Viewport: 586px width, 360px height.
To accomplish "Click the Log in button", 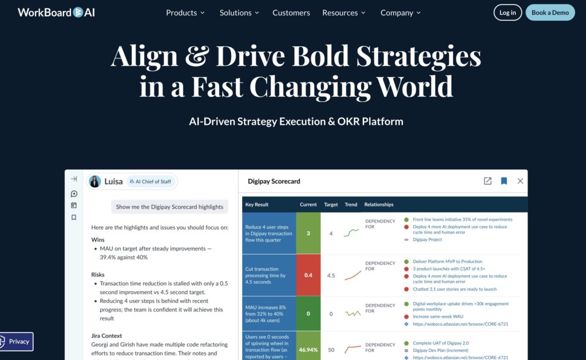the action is pyautogui.click(x=507, y=13).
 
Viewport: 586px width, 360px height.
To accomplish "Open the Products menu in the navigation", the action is pyautogui.click(x=185, y=13).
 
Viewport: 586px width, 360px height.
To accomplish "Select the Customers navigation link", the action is pyautogui.click(x=291, y=13).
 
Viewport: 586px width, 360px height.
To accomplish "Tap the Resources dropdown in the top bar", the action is pyautogui.click(x=344, y=13).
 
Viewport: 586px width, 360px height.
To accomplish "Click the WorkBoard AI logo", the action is pyautogui.click(x=56, y=13).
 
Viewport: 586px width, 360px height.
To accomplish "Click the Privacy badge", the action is pyautogui.click(x=17, y=341).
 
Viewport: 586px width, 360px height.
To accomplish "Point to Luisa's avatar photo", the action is pyautogui.click(x=95, y=181).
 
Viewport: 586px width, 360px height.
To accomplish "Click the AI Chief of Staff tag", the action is pyautogui.click(x=151, y=181).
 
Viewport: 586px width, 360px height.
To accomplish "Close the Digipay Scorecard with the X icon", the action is pyautogui.click(x=520, y=181).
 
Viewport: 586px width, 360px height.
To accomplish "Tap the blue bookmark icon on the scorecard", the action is pyautogui.click(x=504, y=181).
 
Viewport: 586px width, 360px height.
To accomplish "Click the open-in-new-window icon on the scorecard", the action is pyautogui.click(x=488, y=181).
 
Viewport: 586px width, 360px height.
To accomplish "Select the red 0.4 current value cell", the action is pyautogui.click(x=308, y=275).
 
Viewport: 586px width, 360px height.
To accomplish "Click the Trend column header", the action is pyautogui.click(x=351, y=204).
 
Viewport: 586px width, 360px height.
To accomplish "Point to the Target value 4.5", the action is pyautogui.click(x=331, y=275).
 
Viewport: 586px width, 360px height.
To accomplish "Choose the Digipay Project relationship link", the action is pyautogui.click(x=427, y=240).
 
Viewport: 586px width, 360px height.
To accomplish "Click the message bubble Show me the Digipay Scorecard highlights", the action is pyautogui.click(x=169, y=207).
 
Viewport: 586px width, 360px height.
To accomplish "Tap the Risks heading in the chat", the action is pyautogui.click(x=98, y=274).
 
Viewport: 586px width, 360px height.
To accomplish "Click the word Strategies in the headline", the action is pyautogui.click(x=418, y=56).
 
